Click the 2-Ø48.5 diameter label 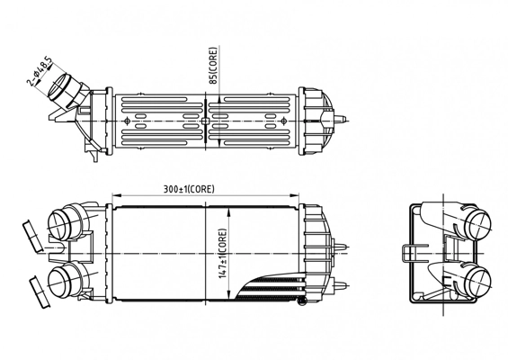point(40,73)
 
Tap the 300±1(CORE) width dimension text point(189,189)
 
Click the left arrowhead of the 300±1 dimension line point(113,196)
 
